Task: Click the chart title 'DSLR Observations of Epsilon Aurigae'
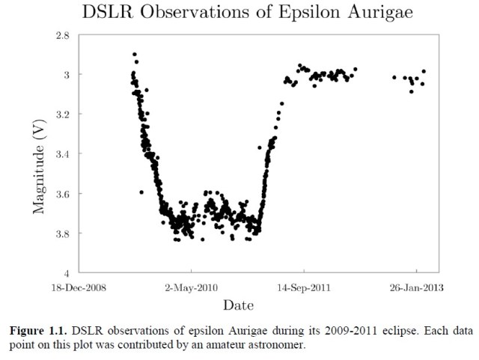click(238, 12)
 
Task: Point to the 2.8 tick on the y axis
click(63, 35)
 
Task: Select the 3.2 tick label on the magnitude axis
click(63, 115)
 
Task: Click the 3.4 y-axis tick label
click(63, 154)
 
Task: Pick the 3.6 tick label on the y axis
click(63, 194)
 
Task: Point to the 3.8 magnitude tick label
click(63, 234)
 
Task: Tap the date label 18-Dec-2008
click(78, 286)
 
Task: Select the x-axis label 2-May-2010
click(191, 286)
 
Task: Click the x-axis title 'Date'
click(238, 305)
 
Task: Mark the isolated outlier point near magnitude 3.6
click(141, 192)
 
